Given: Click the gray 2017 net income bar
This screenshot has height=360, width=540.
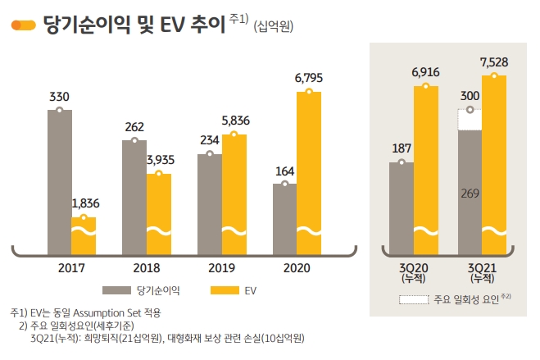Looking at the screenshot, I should (60, 180).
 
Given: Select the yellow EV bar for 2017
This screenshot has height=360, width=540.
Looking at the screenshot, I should (84, 235).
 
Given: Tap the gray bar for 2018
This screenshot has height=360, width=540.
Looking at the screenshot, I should (134, 197).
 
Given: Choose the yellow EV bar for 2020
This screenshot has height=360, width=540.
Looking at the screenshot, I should (308, 172).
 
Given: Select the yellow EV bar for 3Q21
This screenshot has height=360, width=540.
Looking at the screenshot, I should (494, 164).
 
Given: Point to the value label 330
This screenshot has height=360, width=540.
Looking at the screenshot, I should (59, 97).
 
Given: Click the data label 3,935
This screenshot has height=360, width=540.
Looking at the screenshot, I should (159, 160).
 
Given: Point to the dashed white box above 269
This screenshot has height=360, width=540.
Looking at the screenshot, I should (470, 120).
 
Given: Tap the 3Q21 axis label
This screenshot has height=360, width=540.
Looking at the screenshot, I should (482, 271).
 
